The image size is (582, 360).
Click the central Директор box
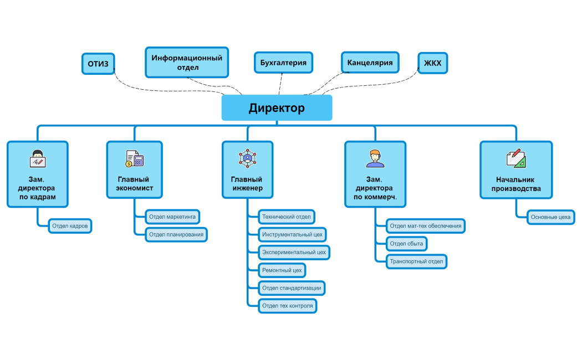277,108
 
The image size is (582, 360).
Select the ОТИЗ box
98,64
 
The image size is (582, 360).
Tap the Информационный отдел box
187,63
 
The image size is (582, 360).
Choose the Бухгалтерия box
283,63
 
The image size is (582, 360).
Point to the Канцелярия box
370,63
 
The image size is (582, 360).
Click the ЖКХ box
432,63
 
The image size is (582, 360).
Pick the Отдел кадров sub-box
69,226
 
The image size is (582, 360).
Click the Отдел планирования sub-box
176,234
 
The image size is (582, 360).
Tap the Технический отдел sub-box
287,216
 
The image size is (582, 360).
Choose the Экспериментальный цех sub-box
294,252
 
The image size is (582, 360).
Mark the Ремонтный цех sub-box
282,270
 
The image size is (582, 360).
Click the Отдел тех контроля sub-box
287,306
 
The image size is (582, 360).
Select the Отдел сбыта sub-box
406,244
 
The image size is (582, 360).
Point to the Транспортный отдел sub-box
416,261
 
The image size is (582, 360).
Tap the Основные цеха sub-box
550,217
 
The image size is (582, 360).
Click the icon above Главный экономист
135,159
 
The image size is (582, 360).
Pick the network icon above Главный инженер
247,158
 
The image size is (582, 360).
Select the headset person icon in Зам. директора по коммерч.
375,158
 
